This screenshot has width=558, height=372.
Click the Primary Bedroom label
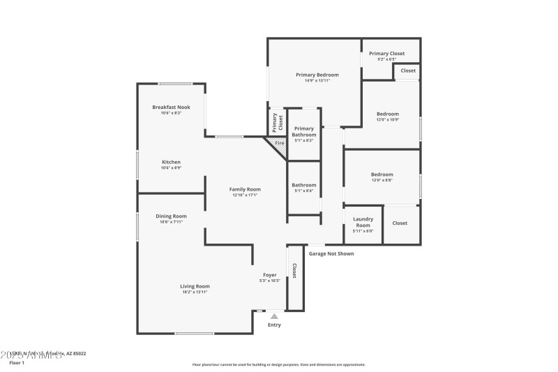(x=317, y=75)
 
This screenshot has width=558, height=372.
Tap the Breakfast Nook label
(x=171, y=107)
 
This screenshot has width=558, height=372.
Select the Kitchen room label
(x=171, y=162)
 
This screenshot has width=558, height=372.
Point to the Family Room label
(x=246, y=189)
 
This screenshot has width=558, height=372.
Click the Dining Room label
(x=171, y=216)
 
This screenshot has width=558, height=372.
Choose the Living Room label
(x=195, y=286)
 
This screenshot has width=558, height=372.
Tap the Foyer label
(x=270, y=275)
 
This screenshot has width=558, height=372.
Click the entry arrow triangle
(x=274, y=316)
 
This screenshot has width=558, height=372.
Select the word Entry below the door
(x=274, y=325)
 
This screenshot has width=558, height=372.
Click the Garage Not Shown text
(x=331, y=253)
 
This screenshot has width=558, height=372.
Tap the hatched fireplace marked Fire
(x=278, y=144)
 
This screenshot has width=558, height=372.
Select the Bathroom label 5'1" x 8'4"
(x=303, y=186)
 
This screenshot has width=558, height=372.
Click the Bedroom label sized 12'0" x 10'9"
(x=388, y=114)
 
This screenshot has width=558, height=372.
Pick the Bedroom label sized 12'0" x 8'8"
(x=382, y=174)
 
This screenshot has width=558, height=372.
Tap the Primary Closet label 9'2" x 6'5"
(x=387, y=54)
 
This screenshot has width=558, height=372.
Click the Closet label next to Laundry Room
(x=400, y=223)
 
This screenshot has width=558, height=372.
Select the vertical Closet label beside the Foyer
(x=294, y=271)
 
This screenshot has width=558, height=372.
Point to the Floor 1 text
(x=16, y=363)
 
